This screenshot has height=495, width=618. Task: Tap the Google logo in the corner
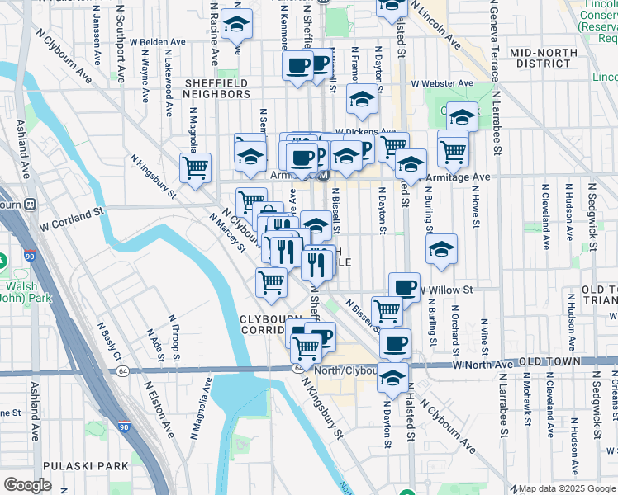(x=27, y=485)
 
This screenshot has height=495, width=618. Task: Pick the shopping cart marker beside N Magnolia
(x=196, y=167)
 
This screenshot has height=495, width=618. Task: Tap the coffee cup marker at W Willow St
(x=404, y=286)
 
